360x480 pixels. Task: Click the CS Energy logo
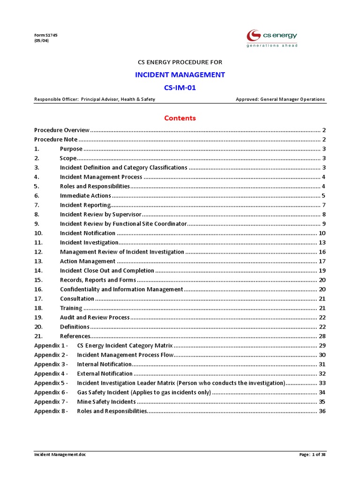tap(272, 38)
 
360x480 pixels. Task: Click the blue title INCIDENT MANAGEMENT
tap(180, 75)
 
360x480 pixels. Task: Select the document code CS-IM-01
tap(180, 87)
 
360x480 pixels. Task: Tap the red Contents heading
tap(180, 118)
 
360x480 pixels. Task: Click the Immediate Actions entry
tap(85, 195)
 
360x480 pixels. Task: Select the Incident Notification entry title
tap(88, 233)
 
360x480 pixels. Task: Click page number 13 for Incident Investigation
tap(322, 242)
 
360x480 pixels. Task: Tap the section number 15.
tap(38, 280)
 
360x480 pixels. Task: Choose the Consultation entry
tap(77, 299)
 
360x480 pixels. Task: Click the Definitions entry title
tap(75, 327)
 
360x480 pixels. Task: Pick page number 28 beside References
tap(322, 336)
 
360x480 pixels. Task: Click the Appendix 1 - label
tap(51, 345)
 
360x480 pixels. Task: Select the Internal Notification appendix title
tap(104, 364)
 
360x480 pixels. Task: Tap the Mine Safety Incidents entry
tap(106, 402)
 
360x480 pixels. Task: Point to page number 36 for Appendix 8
tap(322, 411)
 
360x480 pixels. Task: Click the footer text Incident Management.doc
tap(60, 455)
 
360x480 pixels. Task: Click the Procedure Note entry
tap(56, 139)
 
